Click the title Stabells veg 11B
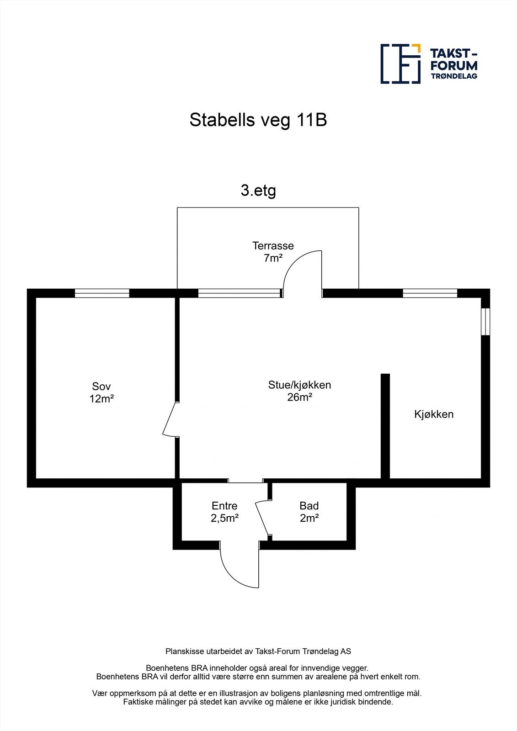pyautogui.click(x=258, y=121)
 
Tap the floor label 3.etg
pyautogui.click(x=258, y=191)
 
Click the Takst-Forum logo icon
pyautogui.click(x=400, y=64)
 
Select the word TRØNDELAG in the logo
pyautogui.click(x=454, y=76)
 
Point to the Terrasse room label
pyautogui.click(x=273, y=246)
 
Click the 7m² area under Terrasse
pyautogui.click(x=273, y=258)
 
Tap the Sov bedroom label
pyautogui.click(x=101, y=386)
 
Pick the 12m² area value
pyautogui.click(x=101, y=398)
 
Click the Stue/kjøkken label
pyautogui.click(x=299, y=385)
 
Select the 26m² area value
pyautogui.click(x=299, y=397)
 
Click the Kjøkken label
pyautogui.click(x=434, y=414)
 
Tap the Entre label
pyautogui.click(x=224, y=506)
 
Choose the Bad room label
pyautogui.click(x=309, y=506)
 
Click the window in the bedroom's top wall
pyautogui.click(x=102, y=293)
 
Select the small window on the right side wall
pyautogui.click(x=485, y=322)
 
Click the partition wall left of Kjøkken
pyautogui.click(x=385, y=426)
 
